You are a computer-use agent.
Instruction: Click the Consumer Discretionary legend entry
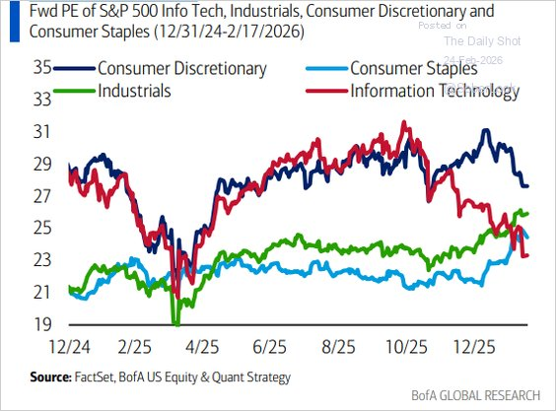[181, 69]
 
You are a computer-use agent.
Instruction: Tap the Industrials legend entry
[136, 91]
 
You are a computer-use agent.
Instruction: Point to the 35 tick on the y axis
[42, 69]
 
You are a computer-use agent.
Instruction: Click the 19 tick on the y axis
[42, 324]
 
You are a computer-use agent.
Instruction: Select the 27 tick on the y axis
[42, 196]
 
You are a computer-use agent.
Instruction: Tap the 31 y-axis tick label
[42, 132]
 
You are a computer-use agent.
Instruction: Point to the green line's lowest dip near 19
[175, 321]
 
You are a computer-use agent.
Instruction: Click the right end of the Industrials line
[528, 213]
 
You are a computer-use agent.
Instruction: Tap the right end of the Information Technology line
[528, 256]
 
